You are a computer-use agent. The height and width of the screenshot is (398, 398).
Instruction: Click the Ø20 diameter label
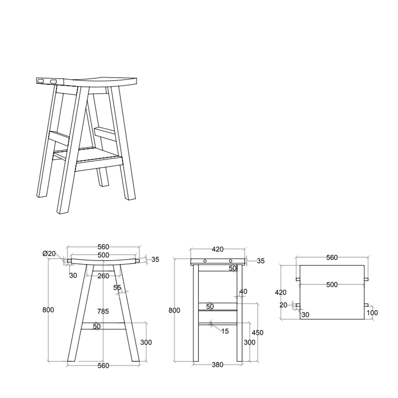[49, 254]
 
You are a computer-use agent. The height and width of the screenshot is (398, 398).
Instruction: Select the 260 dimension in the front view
[103, 276]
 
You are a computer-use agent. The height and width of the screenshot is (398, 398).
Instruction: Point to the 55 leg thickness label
[117, 288]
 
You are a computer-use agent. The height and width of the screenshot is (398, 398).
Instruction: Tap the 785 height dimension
[103, 311]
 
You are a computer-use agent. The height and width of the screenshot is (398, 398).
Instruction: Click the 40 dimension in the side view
[243, 291]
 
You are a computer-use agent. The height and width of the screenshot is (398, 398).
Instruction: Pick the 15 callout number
[224, 331]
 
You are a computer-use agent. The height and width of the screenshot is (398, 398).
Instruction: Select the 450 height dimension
[257, 332]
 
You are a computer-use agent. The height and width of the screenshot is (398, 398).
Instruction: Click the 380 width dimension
[217, 365]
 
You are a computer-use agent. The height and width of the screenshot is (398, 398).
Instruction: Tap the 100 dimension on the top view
[372, 313]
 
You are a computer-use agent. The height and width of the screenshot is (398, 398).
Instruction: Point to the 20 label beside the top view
[283, 305]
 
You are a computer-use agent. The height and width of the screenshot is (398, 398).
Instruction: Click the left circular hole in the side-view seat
[205, 261]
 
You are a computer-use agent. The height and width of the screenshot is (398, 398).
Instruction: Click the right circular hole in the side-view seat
[231, 261]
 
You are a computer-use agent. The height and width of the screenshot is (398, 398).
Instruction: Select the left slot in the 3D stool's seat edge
[41, 80]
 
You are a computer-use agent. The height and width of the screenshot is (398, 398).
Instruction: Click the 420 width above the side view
[218, 249]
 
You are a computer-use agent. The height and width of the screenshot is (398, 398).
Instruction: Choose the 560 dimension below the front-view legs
[103, 366]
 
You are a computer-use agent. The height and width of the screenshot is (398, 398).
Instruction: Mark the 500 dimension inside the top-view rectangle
[332, 285]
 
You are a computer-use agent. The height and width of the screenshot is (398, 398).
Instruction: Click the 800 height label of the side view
[174, 310]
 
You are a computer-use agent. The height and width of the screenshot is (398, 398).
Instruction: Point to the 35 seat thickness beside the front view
[155, 259]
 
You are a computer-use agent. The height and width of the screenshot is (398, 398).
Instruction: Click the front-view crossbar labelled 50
[103, 326]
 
